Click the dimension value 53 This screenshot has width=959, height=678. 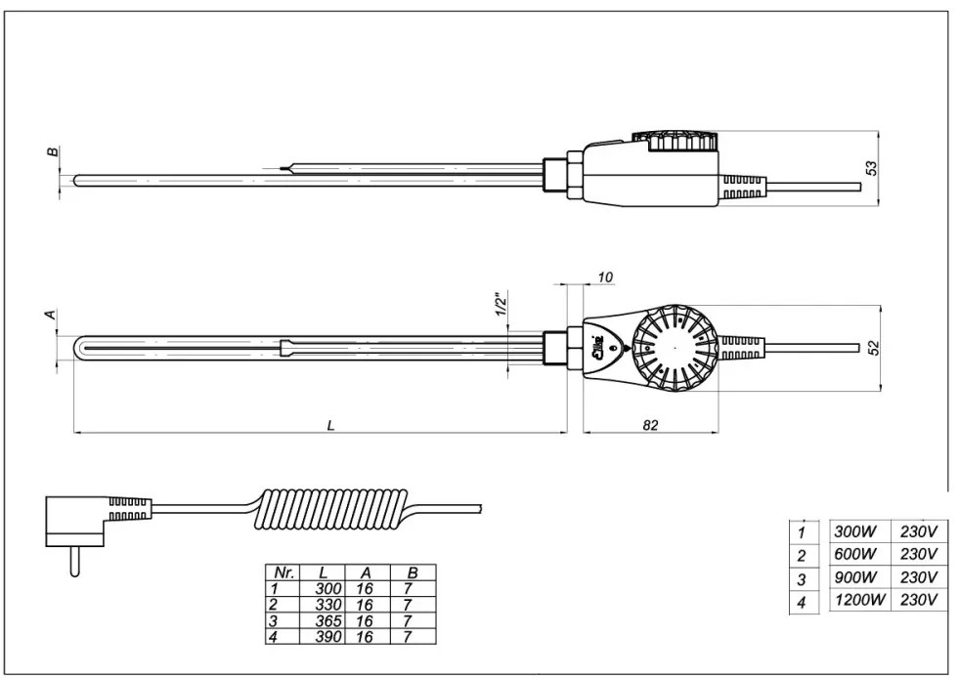873,167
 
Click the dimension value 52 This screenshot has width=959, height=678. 873,348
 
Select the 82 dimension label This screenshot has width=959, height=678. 652,425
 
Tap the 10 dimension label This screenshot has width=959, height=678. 604,278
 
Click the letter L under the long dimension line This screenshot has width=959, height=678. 331,425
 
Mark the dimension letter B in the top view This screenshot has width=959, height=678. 53,152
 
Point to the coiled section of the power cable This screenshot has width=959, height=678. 332,510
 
